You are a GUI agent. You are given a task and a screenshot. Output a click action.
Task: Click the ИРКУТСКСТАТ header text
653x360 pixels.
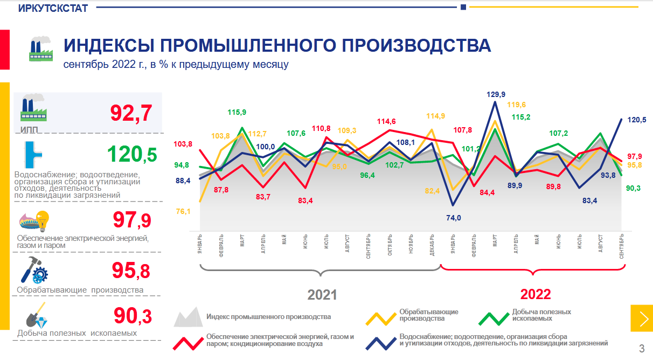coord(53,8)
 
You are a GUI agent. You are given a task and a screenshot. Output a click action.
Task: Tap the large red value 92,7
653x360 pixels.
coord(131,113)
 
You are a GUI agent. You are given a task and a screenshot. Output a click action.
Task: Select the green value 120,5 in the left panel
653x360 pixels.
coord(132,155)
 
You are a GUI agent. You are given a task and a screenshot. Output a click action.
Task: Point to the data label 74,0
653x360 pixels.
coord(454,218)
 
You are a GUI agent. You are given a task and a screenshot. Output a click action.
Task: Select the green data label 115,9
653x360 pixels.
coord(237,113)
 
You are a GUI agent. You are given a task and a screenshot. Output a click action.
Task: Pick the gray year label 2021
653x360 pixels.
coord(322,295)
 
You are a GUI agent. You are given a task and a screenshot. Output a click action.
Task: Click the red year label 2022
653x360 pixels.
coord(536,294)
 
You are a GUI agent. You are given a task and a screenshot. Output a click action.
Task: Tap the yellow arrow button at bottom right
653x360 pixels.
coord(641,319)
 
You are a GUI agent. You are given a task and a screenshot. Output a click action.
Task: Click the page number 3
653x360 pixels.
coord(641,348)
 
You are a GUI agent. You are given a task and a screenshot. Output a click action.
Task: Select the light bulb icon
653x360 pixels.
coord(41,220)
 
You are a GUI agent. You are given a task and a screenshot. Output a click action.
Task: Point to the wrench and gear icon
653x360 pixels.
coord(34,271)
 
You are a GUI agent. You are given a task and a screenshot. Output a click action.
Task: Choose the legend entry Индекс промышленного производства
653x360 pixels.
coord(268,317)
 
